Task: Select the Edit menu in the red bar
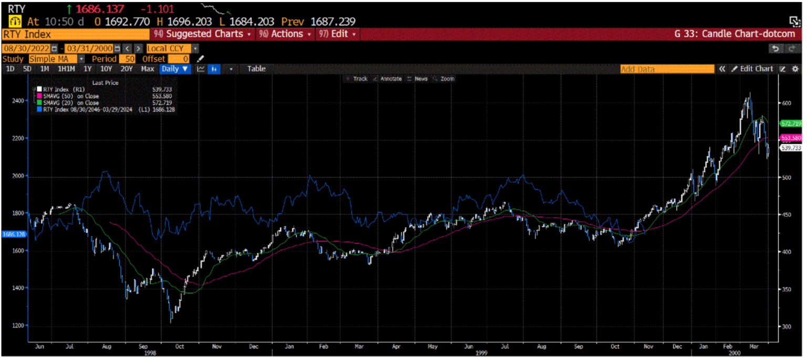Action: click(x=339, y=34)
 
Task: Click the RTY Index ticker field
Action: click(x=76, y=34)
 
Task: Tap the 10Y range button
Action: click(x=106, y=69)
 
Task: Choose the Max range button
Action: click(x=148, y=69)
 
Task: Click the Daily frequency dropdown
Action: click(x=174, y=69)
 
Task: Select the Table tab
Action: click(x=256, y=69)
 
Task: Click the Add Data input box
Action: click(x=667, y=69)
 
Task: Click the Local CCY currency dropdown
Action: click(x=172, y=48)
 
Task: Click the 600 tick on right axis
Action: click(x=786, y=103)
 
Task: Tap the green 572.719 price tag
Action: click(x=790, y=124)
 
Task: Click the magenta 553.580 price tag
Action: click(x=790, y=138)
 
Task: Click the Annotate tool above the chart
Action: click(x=389, y=79)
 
